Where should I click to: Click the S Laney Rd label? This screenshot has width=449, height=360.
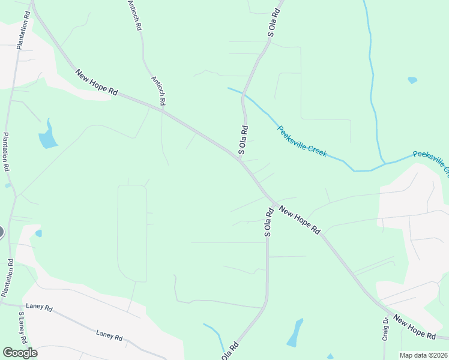coord(22,327)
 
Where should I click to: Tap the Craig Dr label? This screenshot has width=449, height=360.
coord(386,329)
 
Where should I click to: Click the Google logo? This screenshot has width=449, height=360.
coord(20,353)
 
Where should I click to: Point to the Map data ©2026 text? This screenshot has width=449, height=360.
coord(423,355)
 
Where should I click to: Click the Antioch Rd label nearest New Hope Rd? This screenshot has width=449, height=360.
coord(159,92)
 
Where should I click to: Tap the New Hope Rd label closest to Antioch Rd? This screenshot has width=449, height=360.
coord(97,82)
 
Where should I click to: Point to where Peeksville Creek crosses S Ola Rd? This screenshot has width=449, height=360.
coord(243,94)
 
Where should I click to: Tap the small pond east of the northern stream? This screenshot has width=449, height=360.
coord(412,79)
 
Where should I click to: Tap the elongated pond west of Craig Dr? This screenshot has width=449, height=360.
coord(295,333)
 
